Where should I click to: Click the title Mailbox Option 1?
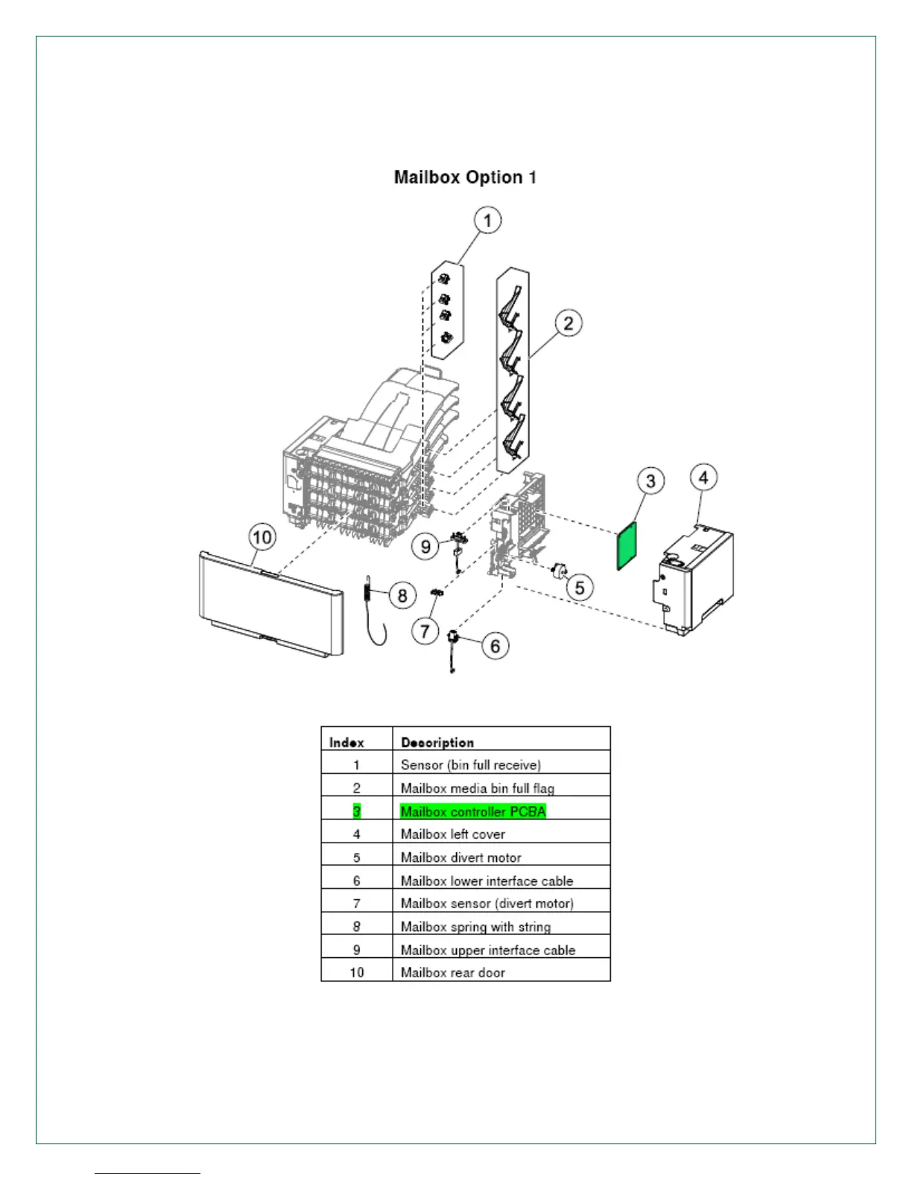coord(465,177)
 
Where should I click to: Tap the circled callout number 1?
coord(488,221)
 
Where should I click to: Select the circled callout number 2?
coord(569,323)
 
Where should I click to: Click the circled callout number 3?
coord(650,480)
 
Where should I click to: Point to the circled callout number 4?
coord(704,477)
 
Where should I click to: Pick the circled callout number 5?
coord(580,587)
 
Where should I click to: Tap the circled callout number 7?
coord(425,632)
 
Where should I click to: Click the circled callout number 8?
coord(402,594)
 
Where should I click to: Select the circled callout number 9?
coord(425,546)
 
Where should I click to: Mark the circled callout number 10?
coord(262,537)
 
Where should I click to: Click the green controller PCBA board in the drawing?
coord(628,546)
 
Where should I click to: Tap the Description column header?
coord(437,742)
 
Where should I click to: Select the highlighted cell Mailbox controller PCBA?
coord(473,811)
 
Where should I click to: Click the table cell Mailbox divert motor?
coord(461,857)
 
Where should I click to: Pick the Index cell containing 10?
coord(357,972)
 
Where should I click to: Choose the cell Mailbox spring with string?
coord(475,927)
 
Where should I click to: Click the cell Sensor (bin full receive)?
coord(471,765)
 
